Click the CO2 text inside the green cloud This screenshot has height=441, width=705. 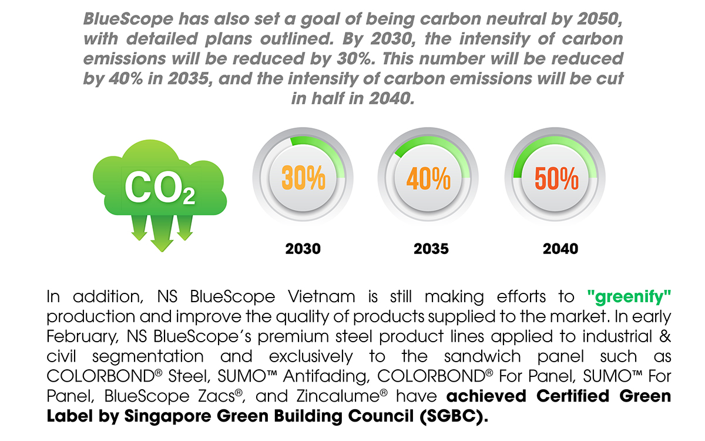pyautogui.click(x=160, y=188)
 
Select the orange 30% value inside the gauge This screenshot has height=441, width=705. pyautogui.click(x=303, y=178)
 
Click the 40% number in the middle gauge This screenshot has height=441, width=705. pyautogui.click(x=429, y=178)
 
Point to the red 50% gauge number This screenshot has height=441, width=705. pyautogui.click(x=556, y=178)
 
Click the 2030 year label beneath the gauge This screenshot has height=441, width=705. pyautogui.click(x=303, y=249)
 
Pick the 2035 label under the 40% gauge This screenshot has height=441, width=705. pyautogui.click(x=431, y=249)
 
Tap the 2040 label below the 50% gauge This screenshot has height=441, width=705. pyautogui.click(x=560, y=249)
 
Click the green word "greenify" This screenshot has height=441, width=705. pyautogui.click(x=629, y=297)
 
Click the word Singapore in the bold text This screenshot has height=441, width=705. pyautogui.click(x=168, y=416)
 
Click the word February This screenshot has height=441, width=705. pyautogui.click(x=82, y=337)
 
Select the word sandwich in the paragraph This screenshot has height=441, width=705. pyautogui.click(x=482, y=356)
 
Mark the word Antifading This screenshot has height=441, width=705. pyautogui.click(x=327, y=377)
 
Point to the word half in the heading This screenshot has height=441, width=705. pyautogui.click(x=328, y=98)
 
